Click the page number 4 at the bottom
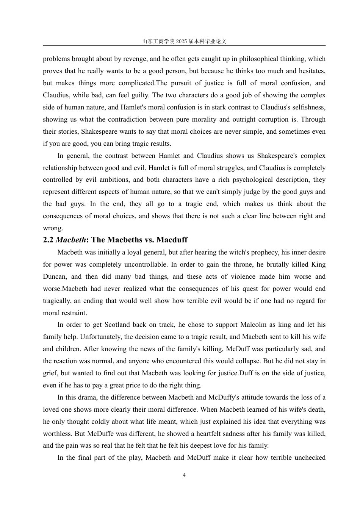point(184,475)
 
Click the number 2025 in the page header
point(182,41)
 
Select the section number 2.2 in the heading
point(48,240)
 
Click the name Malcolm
point(254,325)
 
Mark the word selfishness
point(307,107)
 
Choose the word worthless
point(58,433)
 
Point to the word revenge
point(134,59)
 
